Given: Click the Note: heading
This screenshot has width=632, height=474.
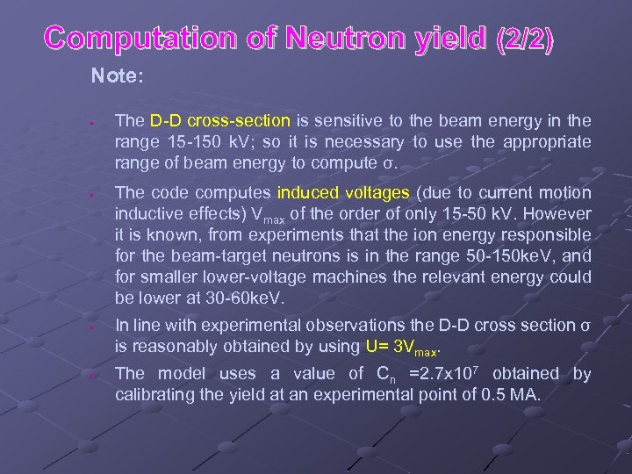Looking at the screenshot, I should pyautogui.click(x=117, y=76).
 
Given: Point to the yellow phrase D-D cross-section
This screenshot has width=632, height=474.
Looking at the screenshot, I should pyautogui.click(x=219, y=120).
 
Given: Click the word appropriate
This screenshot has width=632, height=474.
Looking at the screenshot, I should pyautogui.click(x=550, y=141).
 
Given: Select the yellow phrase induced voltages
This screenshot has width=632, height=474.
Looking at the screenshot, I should pyautogui.click(x=343, y=192).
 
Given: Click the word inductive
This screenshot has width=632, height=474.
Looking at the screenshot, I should pyautogui.click(x=146, y=213).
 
